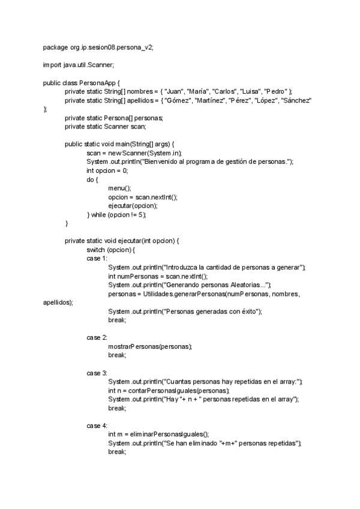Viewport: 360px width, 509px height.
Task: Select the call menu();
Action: pos(119,188)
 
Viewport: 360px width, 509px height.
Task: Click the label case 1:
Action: pos(97,258)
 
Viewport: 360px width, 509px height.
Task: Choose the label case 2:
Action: pos(97,337)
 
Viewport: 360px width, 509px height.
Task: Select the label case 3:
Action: pos(97,373)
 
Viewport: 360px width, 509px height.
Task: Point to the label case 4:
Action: pos(97,426)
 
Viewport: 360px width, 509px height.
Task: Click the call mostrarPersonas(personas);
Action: pos(150,346)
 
